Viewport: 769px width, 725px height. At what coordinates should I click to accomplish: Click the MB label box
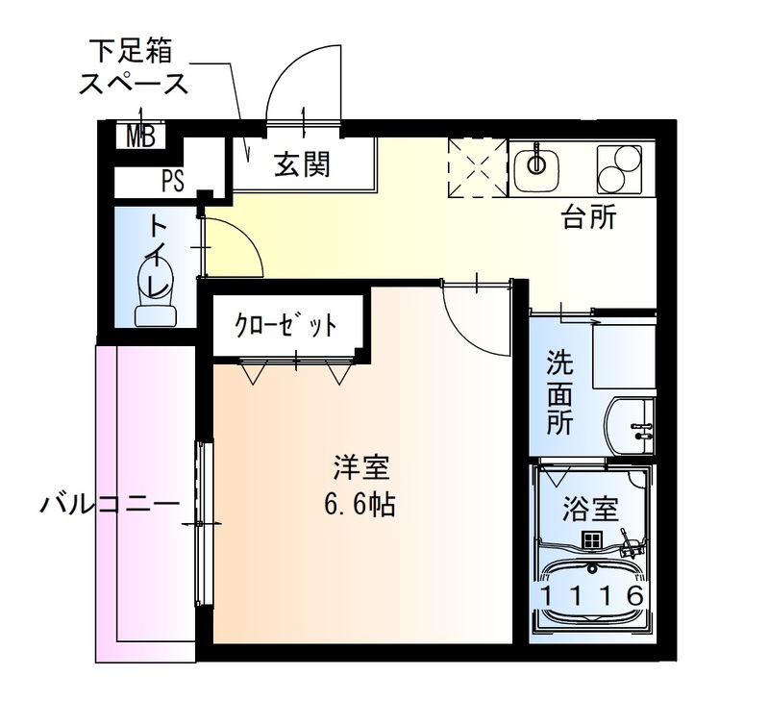[x=141, y=137]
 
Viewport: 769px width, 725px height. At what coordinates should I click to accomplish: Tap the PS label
[x=173, y=180]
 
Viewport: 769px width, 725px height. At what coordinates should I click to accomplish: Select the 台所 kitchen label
[x=588, y=218]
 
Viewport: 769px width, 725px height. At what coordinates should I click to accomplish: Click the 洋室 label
[x=360, y=470]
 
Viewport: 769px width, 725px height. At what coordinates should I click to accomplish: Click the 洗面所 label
[x=558, y=392]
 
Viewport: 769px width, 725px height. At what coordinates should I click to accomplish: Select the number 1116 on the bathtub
[x=590, y=596]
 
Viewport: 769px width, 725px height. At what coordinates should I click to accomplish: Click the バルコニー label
[x=109, y=504]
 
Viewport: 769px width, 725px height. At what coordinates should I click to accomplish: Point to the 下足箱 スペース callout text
[x=135, y=64]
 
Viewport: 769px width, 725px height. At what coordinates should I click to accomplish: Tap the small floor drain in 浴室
[x=589, y=541]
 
